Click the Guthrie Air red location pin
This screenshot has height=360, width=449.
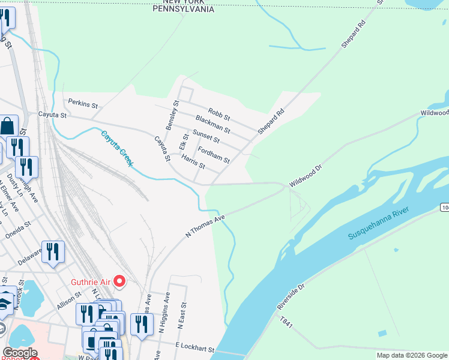119,280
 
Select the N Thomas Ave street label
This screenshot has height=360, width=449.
205,226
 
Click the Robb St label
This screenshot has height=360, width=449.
219,113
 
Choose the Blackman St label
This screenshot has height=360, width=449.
212,124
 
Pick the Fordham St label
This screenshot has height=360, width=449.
213,156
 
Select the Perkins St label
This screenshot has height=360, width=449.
83,104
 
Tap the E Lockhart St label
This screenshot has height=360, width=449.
194,348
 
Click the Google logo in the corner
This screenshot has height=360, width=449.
19,353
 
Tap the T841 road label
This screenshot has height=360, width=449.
286,323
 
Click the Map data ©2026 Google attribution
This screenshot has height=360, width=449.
411,355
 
